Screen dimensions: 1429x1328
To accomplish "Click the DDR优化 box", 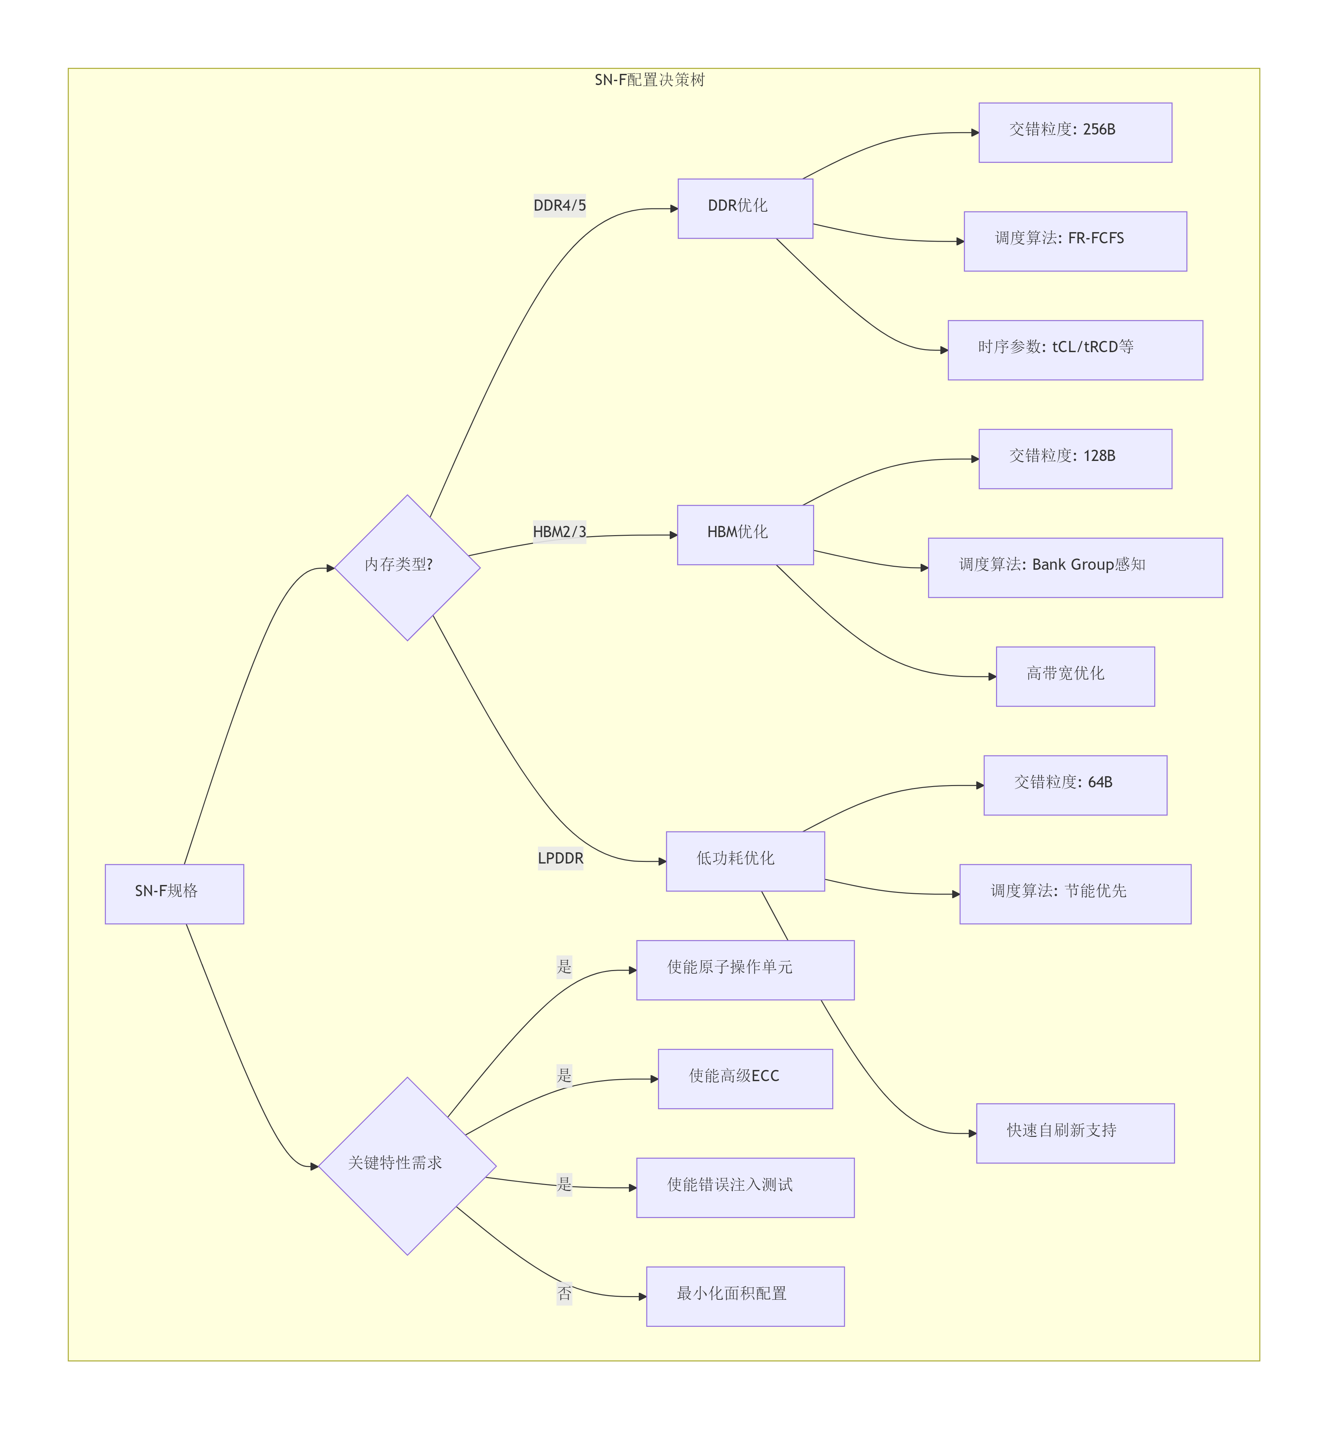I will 745,208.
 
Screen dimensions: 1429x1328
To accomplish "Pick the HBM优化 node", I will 745,535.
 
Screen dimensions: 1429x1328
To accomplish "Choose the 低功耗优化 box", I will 745,861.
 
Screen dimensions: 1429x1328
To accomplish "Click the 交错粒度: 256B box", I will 1075,132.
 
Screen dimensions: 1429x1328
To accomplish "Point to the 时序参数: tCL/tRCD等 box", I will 1075,350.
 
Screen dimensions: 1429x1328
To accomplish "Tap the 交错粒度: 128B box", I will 1075,459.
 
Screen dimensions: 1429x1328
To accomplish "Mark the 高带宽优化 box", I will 1075,676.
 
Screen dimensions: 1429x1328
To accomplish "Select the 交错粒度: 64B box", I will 1075,785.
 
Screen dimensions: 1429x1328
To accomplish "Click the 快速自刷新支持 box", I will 1075,1133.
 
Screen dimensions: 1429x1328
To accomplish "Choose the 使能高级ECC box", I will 745,1079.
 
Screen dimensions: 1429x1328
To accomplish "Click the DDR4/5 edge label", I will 560,206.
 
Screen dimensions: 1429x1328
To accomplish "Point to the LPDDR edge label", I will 561,858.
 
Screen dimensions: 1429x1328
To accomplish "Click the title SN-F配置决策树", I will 650,80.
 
